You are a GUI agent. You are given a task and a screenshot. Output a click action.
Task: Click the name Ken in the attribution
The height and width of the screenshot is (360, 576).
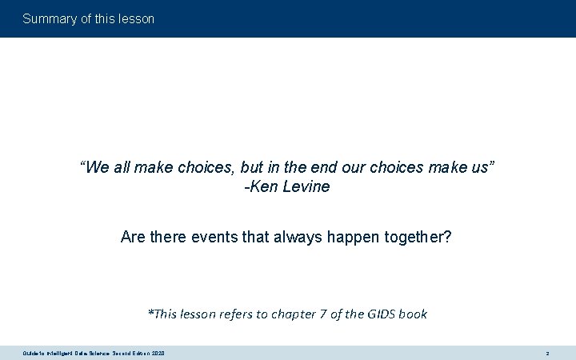click(x=262, y=187)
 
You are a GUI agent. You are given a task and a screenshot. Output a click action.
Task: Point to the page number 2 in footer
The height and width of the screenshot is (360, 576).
click(x=547, y=353)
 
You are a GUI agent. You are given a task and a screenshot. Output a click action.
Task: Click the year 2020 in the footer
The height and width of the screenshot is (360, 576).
click(x=157, y=353)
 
